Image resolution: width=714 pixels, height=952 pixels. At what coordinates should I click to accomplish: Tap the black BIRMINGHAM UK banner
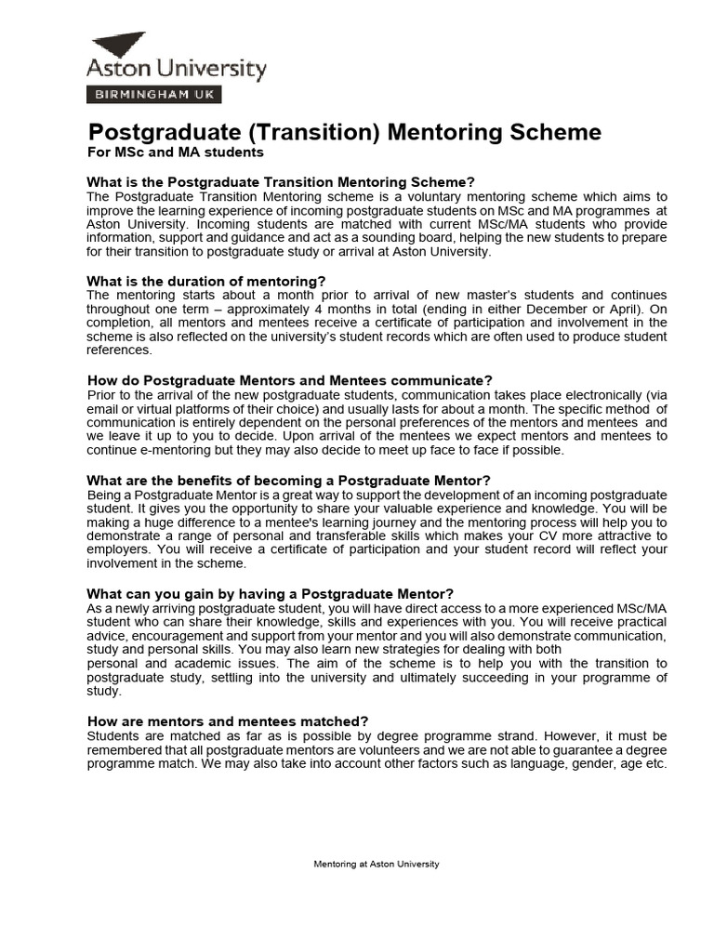[153, 94]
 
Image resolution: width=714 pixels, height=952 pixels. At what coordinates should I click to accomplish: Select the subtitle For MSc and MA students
[176, 152]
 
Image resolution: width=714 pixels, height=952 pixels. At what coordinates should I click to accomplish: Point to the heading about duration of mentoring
[206, 281]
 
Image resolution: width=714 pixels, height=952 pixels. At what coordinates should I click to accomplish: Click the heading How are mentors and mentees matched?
[228, 721]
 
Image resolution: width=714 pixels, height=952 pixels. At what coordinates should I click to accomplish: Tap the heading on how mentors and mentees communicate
[289, 380]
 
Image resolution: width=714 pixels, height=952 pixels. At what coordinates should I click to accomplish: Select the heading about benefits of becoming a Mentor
[288, 481]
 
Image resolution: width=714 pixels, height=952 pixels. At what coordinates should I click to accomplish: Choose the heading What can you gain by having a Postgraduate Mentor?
[271, 594]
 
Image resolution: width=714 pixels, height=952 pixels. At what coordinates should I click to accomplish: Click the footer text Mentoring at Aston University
[376, 864]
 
